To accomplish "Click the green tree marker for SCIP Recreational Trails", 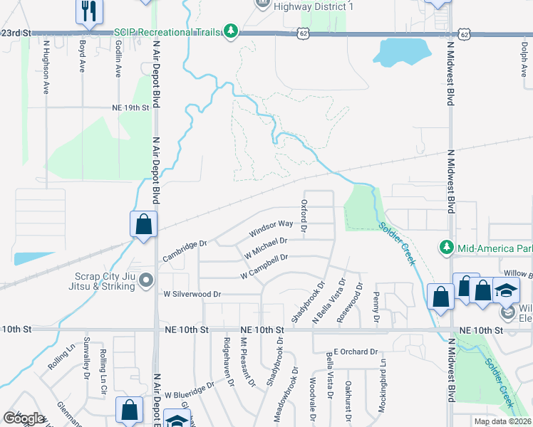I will [230, 31].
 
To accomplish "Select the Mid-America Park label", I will [493, 248].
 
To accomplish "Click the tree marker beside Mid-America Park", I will [447, 247].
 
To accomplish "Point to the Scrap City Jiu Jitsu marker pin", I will [146, 280].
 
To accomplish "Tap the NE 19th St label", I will [130, 107].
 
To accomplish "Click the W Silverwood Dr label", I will [192, 293].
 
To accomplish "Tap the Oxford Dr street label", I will [304, 216].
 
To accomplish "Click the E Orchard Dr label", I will [354, 352].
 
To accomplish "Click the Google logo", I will [24, 418].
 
